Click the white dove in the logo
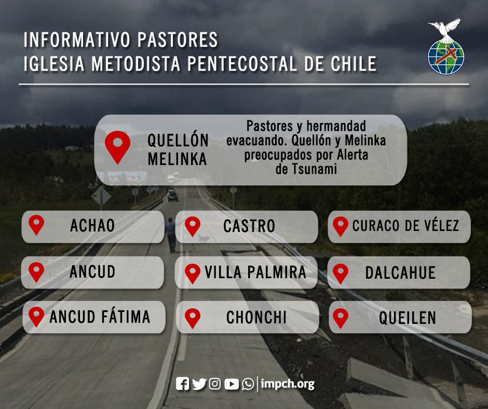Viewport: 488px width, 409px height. pos(445,30)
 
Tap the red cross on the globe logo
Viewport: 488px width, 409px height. pos(446,56)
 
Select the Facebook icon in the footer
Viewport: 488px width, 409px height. pos(182,384)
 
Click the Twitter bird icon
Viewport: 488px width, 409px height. pos(199,384)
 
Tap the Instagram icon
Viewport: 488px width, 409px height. pos(215,384)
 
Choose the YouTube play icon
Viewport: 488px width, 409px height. pos(232,384)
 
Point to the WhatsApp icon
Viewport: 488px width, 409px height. pos(248,384)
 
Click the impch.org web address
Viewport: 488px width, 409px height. pos(288,384)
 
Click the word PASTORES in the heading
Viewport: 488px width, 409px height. pos(178,39)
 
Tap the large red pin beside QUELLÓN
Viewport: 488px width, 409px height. pos(118,147)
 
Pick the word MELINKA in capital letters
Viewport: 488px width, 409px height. pos(178,159)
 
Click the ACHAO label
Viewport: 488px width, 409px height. pos(92,226)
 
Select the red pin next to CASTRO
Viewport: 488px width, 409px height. pos(193,226)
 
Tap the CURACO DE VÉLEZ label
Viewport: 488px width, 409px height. pos(405,225)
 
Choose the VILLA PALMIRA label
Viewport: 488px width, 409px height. pos(255,272)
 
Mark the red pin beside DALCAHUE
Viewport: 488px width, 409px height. pos(341,274)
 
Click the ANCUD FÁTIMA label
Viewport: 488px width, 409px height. pos(100,317)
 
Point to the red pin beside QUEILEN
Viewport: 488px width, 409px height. pos(341,318)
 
